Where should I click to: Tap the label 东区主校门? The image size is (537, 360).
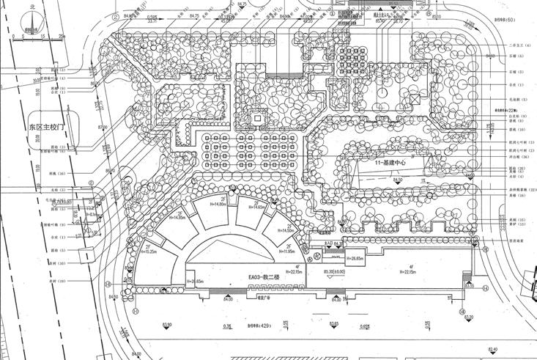(47, 126)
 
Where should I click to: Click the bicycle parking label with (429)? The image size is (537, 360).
(265, 328)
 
